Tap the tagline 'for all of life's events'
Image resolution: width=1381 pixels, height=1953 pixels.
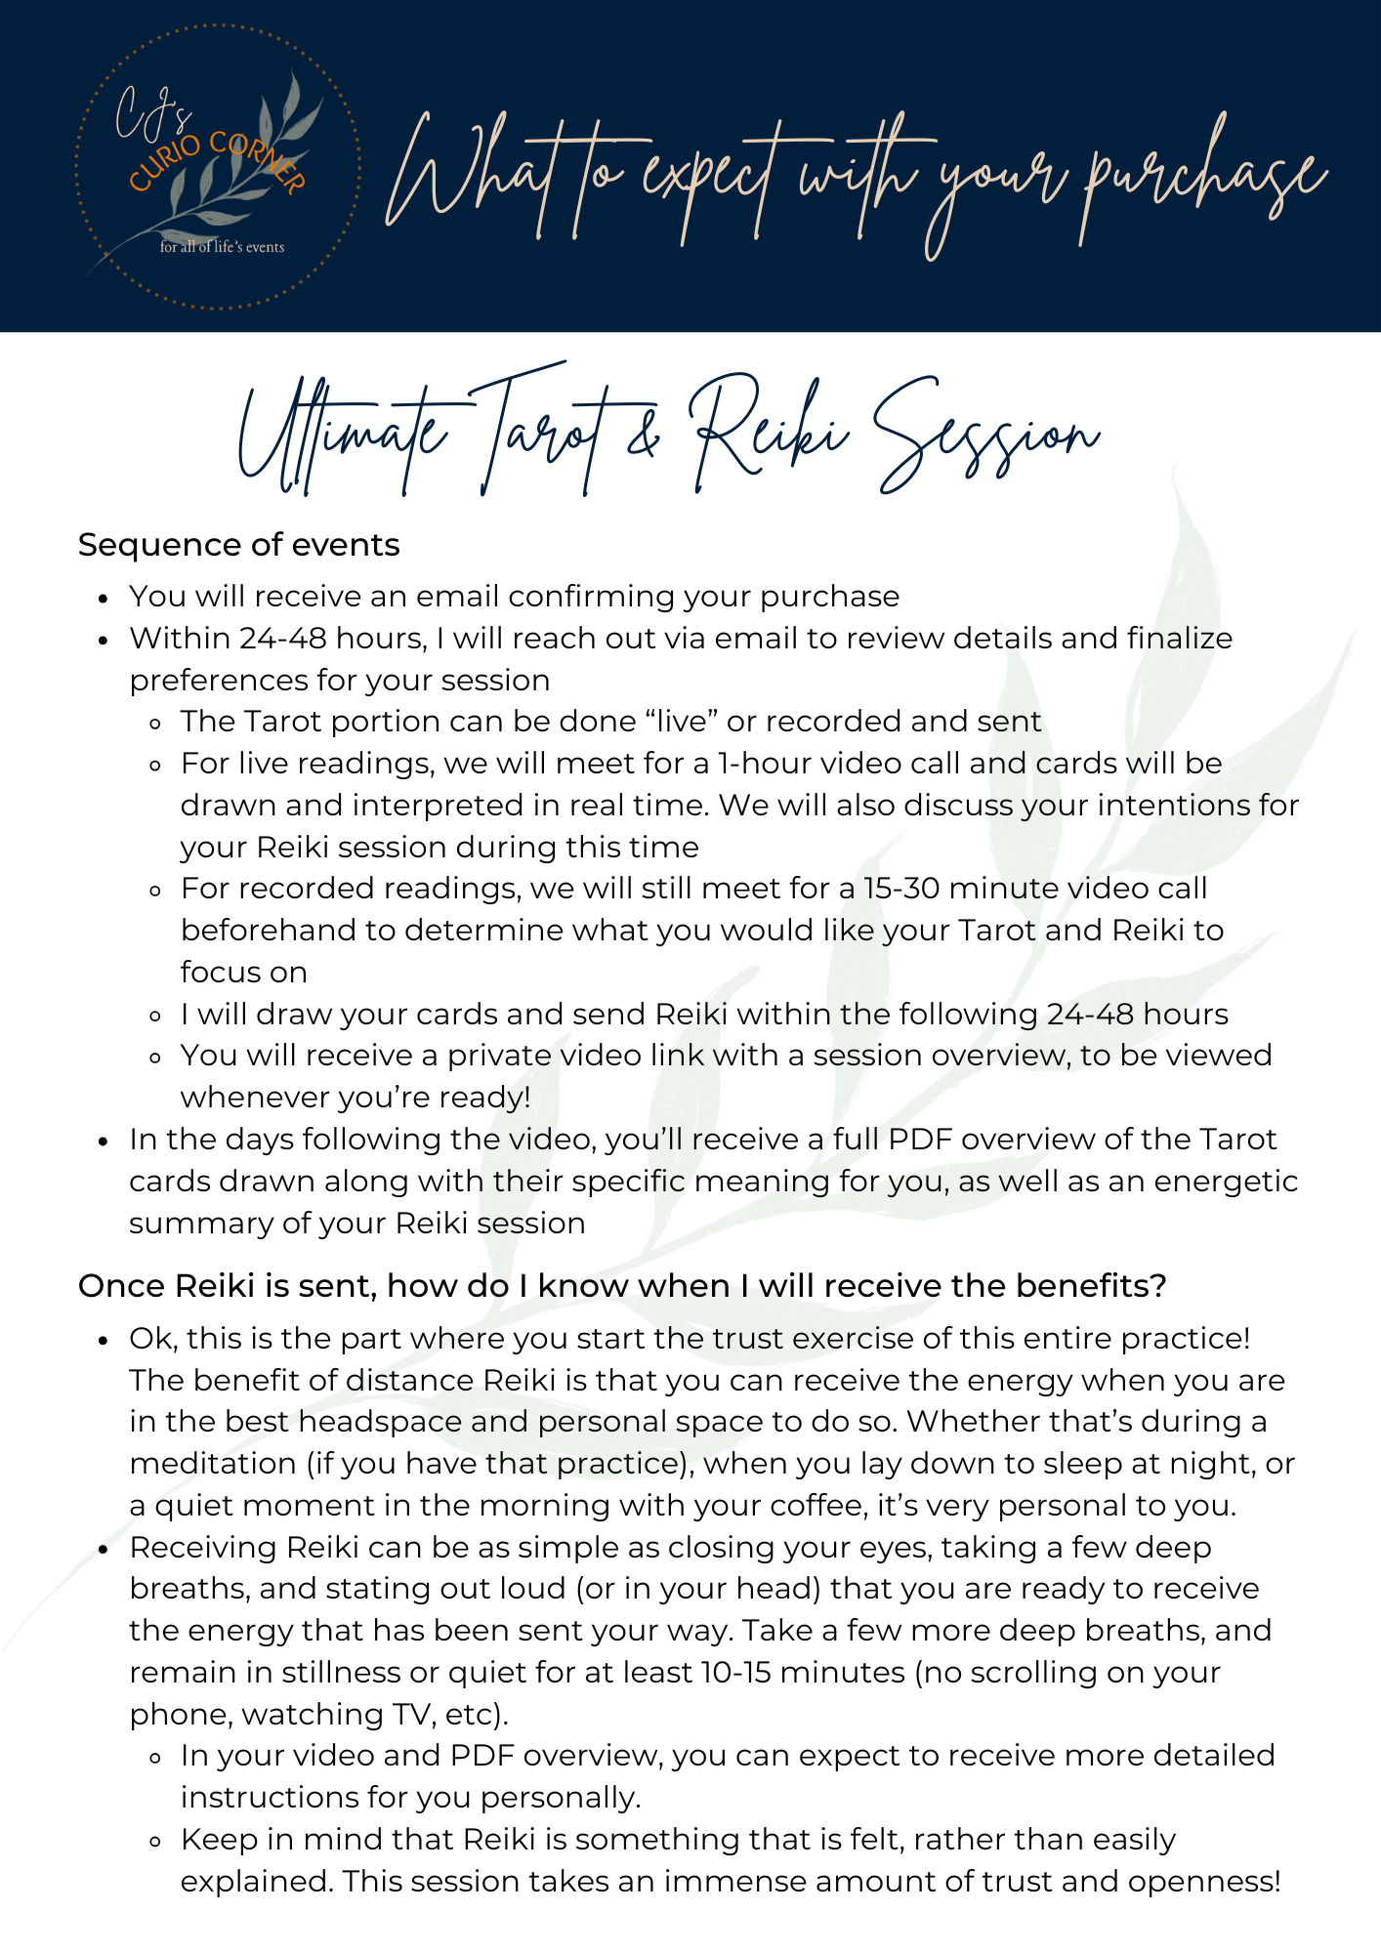click(x=222, y=247)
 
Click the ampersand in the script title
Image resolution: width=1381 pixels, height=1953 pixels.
click(x=644, y=436)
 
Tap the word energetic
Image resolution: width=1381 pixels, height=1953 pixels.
click(x=1226, y=1181)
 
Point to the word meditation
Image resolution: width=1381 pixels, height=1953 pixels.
click(x=213, y=1463)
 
